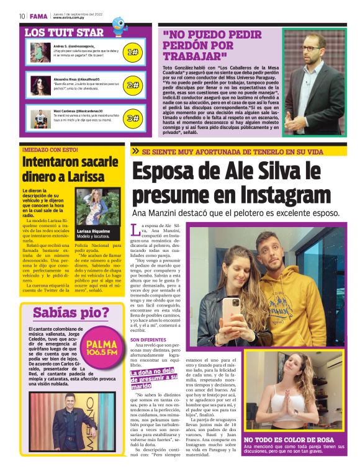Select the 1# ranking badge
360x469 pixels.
132,53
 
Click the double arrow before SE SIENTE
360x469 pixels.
135,151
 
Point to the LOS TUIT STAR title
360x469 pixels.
64,31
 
